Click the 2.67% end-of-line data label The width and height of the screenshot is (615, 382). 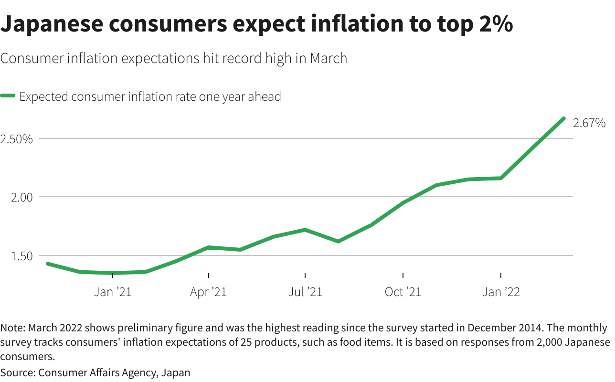click(589, 123)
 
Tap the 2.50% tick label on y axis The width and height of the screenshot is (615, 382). click(17, 139)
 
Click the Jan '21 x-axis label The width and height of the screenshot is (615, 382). click(113, 292)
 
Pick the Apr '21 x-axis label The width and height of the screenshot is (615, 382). click(208, 292)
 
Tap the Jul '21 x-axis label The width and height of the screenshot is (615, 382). click(305, 292)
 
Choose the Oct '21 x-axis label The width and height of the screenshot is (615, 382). click(403, 292)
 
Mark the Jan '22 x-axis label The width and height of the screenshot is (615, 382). click(501, 292)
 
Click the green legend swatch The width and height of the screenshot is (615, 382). click(8, 96)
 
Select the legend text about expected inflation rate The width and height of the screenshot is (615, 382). click(150, 96)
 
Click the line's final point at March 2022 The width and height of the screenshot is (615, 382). click(564, 118)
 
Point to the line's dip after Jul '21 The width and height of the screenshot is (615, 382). click(338, 241)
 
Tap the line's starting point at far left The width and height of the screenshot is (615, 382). click(47, 264)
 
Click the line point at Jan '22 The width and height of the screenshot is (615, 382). click(500, 178)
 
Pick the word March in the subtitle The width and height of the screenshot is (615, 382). click(328, 58)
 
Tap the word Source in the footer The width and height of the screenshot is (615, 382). click(17, 372)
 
